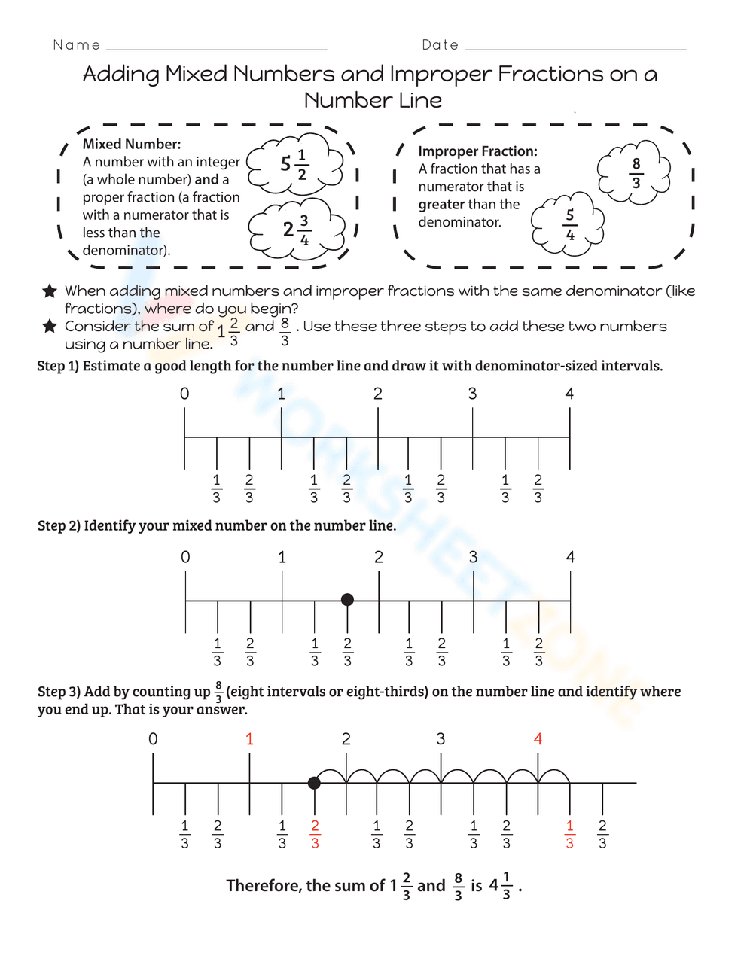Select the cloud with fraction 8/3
click(x=635, y=172)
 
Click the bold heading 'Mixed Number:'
click(x=132, y=144)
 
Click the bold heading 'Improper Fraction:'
click(x=477, y=151)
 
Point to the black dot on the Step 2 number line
click(x=347, y=600)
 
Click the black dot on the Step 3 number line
click(x=314, y=783)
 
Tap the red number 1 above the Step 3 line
click(x=249, y=739)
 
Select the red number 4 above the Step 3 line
click(x=538, y=739)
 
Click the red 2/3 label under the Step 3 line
click(x=315, y=834)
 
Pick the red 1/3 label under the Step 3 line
click(x=569, y=834)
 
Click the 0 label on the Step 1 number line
click(x=184, y=394)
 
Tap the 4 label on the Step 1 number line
click(x=569, y=394)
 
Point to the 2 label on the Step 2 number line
click(x=379, y=557)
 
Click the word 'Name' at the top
click(x=77, y=45)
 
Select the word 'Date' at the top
click(x=441, y=45)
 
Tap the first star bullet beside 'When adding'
click(x=50, y=291)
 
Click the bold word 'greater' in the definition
click(x=441, y=205)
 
